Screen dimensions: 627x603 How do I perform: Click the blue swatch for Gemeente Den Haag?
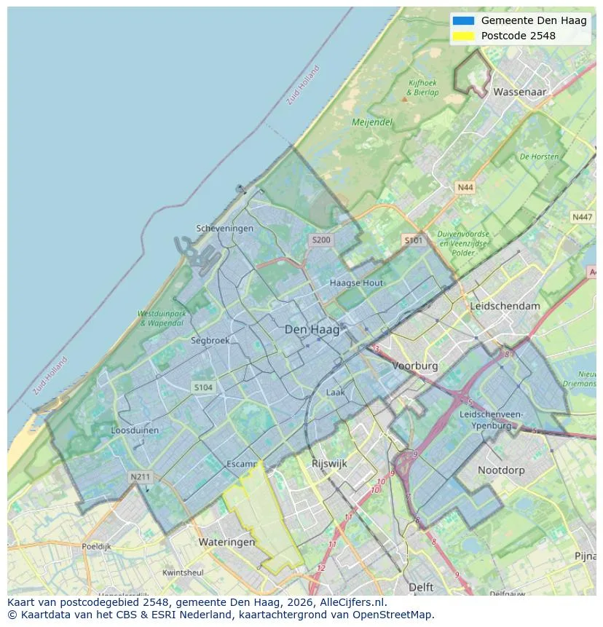click(x=462, y=20)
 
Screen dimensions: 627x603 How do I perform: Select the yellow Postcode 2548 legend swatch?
click(x=462, y=36)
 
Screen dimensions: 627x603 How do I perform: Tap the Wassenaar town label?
click(x=519, y=92)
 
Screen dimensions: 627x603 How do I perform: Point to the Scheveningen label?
click(x=225, y=228)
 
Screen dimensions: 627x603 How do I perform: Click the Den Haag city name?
click(x=312, y=330)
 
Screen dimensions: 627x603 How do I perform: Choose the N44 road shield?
click(x=465, y=188)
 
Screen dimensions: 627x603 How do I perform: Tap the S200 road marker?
click(x=320, y=240)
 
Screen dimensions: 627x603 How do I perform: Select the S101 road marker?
click(x=413, y=240)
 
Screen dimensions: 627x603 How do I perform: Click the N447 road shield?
click(x=582, y=217)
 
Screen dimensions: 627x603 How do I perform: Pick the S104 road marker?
click(x=203, y=387)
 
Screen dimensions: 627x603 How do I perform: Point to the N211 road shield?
click(x=140, y=477)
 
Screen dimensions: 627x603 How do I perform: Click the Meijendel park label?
click(x=371, y=122)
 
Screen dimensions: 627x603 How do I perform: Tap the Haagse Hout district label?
click(x=356, y=283)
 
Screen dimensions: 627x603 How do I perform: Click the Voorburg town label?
click(x=415, y=366)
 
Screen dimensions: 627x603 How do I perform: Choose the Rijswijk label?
click(x=329, y=463)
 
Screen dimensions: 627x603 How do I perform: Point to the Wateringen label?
click(x=226, y=543)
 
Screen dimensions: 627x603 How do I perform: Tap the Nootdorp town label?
click(x=501, y=470)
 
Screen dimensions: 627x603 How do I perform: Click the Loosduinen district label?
click(x=135, y=430)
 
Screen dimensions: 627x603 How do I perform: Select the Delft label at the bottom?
click(x=421, y=587)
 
